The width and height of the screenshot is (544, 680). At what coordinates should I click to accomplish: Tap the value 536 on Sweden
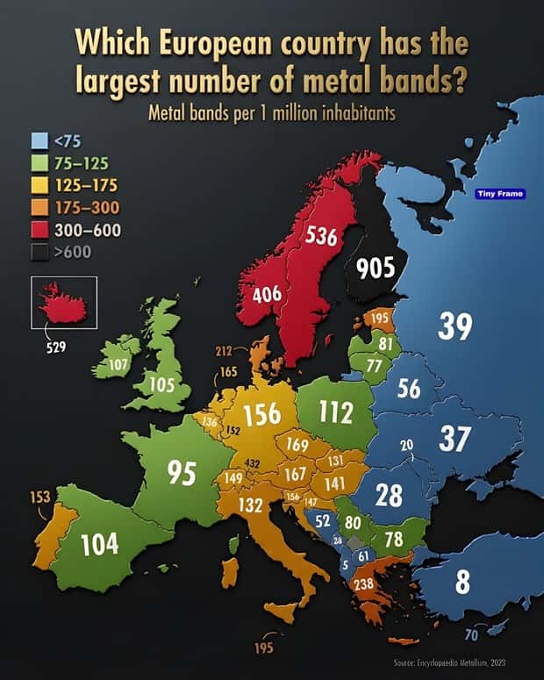322,237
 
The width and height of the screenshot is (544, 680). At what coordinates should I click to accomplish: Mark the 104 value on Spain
99,544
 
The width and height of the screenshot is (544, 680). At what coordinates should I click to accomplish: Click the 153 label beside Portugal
40,497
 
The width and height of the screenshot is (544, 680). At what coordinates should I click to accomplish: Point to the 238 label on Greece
362,583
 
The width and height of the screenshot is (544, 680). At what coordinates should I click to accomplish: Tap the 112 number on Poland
335,411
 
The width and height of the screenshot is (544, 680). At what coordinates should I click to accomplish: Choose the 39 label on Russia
455,326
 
